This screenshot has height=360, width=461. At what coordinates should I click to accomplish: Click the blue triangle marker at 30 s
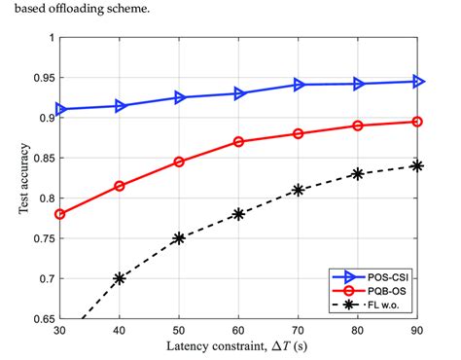(x=60, y=109)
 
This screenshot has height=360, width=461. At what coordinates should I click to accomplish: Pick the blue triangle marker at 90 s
(x=417, y=82)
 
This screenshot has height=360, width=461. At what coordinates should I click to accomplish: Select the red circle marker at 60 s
(x=239, y=141)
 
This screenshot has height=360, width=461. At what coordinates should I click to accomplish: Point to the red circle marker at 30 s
(x=60, y=214)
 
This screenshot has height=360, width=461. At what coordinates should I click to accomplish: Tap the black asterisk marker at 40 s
(x=120, y=277)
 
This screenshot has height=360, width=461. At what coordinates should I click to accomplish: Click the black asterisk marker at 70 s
(x=299, y=190)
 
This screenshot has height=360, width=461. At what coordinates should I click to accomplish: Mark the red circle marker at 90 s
(x=417, y=122)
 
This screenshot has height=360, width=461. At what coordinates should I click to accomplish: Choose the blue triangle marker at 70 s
(x=299, y=85)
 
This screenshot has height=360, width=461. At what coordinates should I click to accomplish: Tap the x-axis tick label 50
(x=179, y=331)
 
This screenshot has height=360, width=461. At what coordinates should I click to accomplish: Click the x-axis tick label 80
(x=358, y=331)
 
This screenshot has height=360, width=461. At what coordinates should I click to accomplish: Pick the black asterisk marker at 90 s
(x=417, y=165)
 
